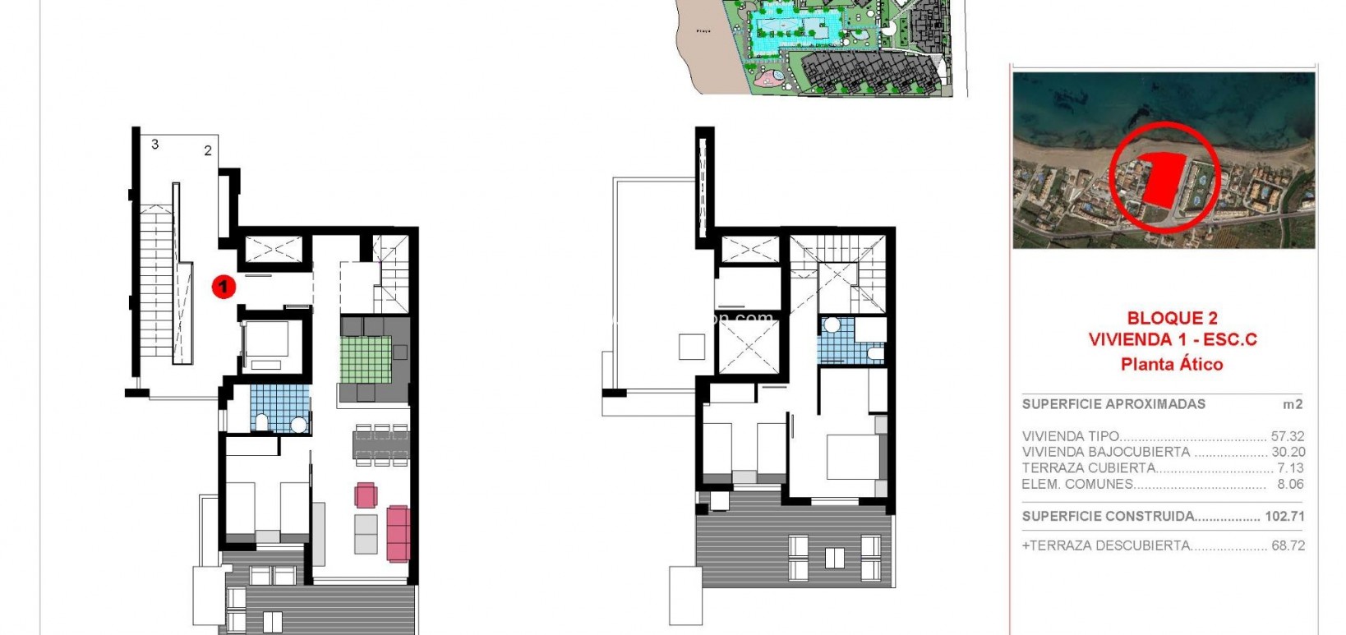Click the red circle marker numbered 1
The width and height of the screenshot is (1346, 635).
point(223,287)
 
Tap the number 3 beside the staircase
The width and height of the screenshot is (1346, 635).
point(154,145)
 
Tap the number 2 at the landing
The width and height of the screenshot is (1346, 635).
point(208,150)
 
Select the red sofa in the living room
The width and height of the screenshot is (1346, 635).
point(398,533)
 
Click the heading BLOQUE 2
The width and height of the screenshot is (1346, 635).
point(1172,318)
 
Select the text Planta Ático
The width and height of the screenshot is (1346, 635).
point(1172,364)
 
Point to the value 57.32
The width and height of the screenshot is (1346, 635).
point(1288,436)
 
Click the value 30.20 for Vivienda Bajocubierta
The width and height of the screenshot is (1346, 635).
point(1288,452)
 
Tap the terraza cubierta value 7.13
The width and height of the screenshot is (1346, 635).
point(1290,468)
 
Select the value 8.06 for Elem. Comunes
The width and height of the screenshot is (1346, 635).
point(1290,484)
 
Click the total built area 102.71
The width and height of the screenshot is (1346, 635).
point(1285,517)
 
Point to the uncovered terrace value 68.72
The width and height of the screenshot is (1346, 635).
point(1288,545)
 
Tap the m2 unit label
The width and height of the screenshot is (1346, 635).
point(1293,404)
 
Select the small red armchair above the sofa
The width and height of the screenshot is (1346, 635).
point(366,495)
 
